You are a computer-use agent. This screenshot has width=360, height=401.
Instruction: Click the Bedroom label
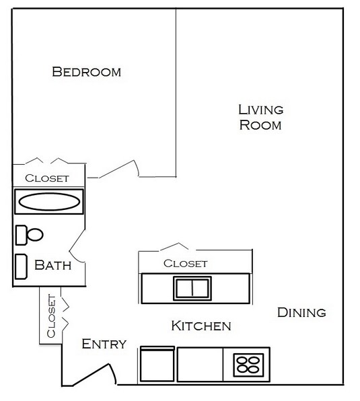(87, 71)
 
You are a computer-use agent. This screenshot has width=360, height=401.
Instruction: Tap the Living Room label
(260, 117)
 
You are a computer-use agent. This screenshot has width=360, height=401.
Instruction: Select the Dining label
(301, 312)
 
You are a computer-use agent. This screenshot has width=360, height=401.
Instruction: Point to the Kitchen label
(201, 326)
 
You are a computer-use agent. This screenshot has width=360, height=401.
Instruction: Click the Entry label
(104, 344)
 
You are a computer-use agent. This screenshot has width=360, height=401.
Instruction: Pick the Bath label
(53, 265)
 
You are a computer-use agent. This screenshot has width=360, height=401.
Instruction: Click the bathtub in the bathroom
(48, 201)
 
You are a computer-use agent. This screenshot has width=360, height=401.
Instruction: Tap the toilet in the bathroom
(30, 234)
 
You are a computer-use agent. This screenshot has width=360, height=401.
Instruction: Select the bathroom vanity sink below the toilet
(21, 265)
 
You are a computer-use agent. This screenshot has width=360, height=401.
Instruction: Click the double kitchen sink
(193, 288)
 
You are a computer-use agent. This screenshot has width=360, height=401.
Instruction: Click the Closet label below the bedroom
(46, 178)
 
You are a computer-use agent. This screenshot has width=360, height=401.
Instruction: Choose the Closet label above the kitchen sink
(185, 263)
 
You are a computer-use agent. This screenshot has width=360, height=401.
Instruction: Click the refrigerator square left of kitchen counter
(157, 365)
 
